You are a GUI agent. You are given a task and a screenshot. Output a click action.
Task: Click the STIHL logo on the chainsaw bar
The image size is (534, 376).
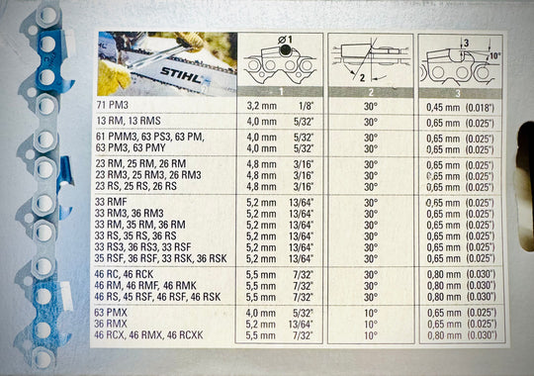click(x=181, y=75)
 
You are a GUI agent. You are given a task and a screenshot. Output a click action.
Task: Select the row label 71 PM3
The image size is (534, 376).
click(x=113, y=105)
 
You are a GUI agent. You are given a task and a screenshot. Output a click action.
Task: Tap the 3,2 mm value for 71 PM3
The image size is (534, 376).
click(x=261, y=106)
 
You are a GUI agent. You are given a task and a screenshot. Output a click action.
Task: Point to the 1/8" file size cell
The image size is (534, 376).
click(x=306, y=106)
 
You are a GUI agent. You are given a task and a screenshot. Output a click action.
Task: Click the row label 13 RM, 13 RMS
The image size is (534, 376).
click(x=128, y=121)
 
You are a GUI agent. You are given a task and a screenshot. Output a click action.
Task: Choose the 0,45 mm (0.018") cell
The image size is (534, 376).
click(x=460, y=108)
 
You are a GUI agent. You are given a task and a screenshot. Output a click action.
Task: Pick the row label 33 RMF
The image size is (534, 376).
click(x=111, y=202)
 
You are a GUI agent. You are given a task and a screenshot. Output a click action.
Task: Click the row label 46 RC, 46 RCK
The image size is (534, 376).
click(x=124, y=274)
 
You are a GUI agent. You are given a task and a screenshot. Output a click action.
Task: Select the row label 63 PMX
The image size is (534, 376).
click(x=111, y=313)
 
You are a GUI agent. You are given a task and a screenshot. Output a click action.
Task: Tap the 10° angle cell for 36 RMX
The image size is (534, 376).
click(x=371, y=325)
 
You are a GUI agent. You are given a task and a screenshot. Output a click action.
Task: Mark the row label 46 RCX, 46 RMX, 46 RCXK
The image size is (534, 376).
click(x=148, y=335)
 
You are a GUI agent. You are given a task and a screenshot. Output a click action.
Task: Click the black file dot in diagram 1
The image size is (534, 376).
click(x=285, y=50)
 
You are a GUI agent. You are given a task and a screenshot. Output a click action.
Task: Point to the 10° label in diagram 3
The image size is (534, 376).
click(x=494, y=55)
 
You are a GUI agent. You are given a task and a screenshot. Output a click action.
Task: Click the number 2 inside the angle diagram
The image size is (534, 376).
click(x=362, y=78)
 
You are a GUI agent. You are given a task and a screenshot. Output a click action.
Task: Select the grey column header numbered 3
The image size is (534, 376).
click(x=460, y=93)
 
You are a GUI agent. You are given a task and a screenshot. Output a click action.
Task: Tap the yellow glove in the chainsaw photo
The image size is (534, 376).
click(x=114, y=78)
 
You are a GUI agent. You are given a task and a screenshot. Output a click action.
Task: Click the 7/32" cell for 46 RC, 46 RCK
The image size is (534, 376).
click(x=304, y=275)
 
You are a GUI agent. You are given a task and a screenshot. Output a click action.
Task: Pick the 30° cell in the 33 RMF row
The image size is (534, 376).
click(x=371, y=203)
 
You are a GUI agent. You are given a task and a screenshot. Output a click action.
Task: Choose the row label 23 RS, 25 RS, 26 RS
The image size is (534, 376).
click(x=136, y=186)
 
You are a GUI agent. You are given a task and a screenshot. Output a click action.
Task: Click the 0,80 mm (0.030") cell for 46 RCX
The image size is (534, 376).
click(x=462, y=335)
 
